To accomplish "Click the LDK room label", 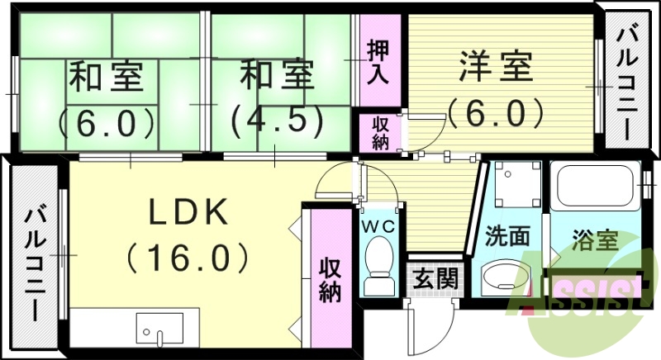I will pyautogui.click(x=188, y=214).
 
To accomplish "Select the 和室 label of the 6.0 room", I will pyautogui.click(x=107, y=78).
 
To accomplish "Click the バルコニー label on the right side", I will pyautogui.click(x=626, y=83).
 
